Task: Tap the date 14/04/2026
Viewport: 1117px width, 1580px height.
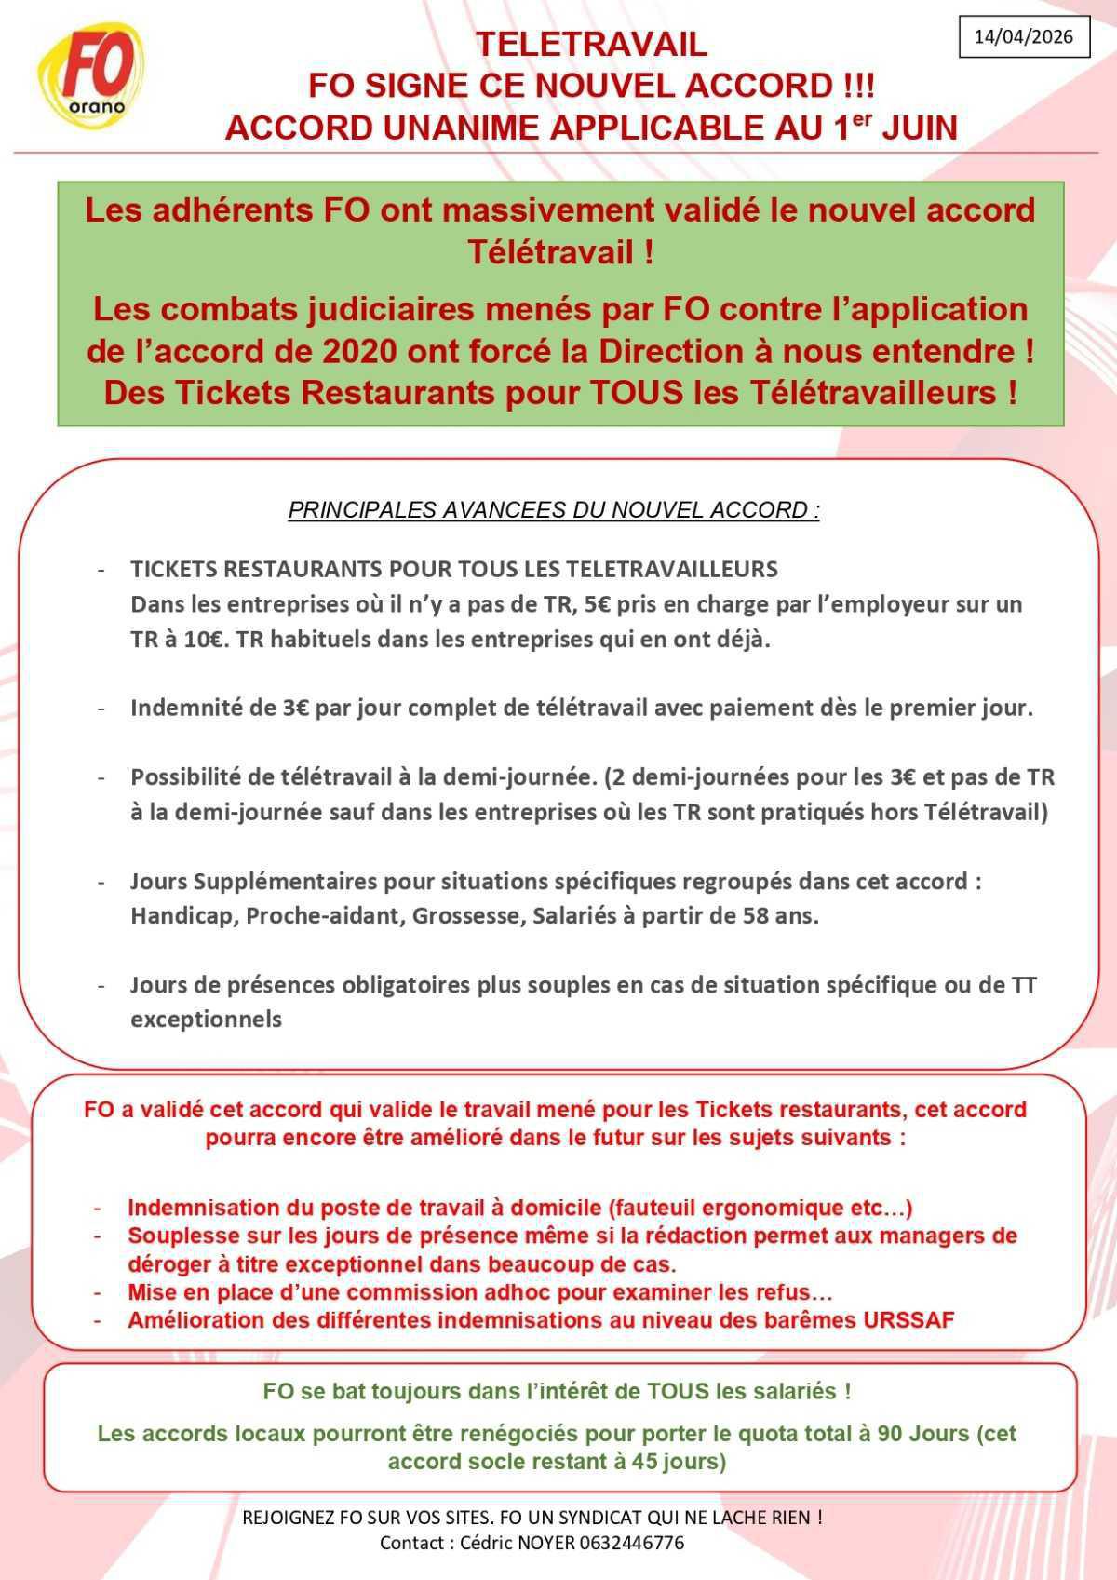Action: (x=1024, y=36)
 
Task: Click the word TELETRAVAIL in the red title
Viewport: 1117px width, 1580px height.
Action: (x=591, y=44)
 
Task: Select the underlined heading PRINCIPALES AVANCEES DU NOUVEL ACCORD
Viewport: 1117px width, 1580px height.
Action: (x=554, y=510)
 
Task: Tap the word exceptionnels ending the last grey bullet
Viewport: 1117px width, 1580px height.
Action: (x=206, y=1020)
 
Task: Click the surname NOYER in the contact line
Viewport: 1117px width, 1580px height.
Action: (x=561, y=1543)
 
